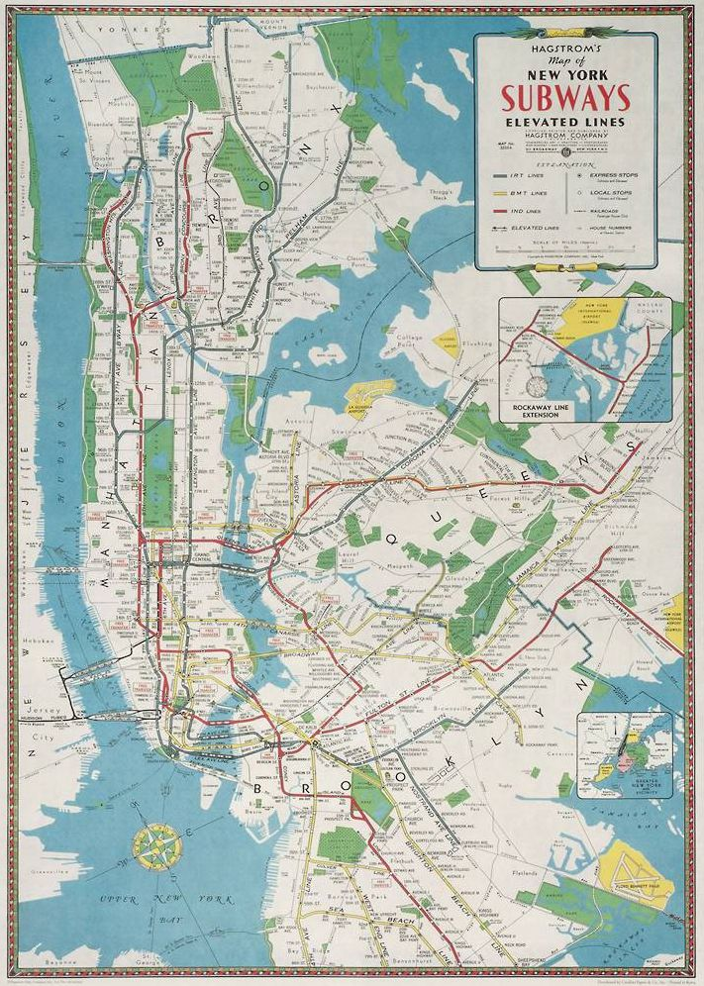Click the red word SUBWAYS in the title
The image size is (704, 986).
coord(565,99)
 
